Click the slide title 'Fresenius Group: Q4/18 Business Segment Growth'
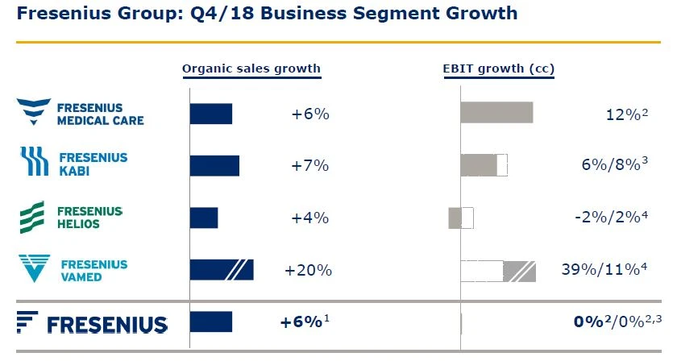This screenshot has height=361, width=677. pyautogui.click(x=267, y=15)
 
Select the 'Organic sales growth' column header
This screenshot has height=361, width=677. pyautogui.click(x=251, y=68)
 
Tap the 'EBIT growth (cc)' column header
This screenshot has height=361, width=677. pyautogui.click(x=498, y=68)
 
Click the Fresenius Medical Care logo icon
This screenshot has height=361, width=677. pyautogui.click(x=33, y=113)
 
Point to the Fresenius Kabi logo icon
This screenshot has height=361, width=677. pyautogui.click(x=34, y=162)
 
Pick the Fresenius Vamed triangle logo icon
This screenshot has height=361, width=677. pyautogui.click(x=34, y=268)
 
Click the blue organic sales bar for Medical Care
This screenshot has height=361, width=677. pyautogui.click(x=210, y=114)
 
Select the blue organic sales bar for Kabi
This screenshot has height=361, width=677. pyautogui.click(x=214, y=165)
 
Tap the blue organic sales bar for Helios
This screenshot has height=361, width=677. pyautogui.click(x=204, y=218)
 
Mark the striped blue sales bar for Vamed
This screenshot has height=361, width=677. pyautogui.click(x=222, y=270)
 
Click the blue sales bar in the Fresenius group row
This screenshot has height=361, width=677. pyautogui.click(x=210, y=322)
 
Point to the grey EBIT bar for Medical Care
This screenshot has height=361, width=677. pyautogui.click(x=496, y=113)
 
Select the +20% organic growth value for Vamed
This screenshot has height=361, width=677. pyautogui.click(x=308, y=270)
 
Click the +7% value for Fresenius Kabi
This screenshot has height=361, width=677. pyautogui.click(x=310, y=165)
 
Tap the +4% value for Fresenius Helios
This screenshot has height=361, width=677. pyautogui.click(x=310, y=218)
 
